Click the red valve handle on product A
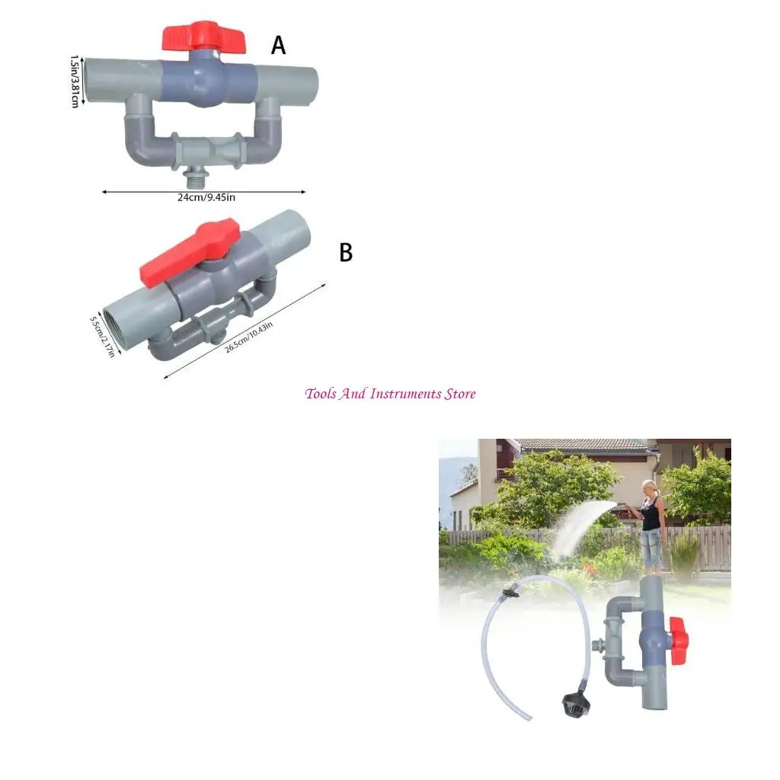pos(204,37)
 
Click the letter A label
pos(279,46)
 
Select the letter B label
pos(346,253)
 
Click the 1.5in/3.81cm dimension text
pos(75,80)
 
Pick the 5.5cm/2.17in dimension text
pos(102,337)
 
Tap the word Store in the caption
pos(461,394)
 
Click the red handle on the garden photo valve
pos(678,636)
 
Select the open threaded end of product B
pos(120,324)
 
